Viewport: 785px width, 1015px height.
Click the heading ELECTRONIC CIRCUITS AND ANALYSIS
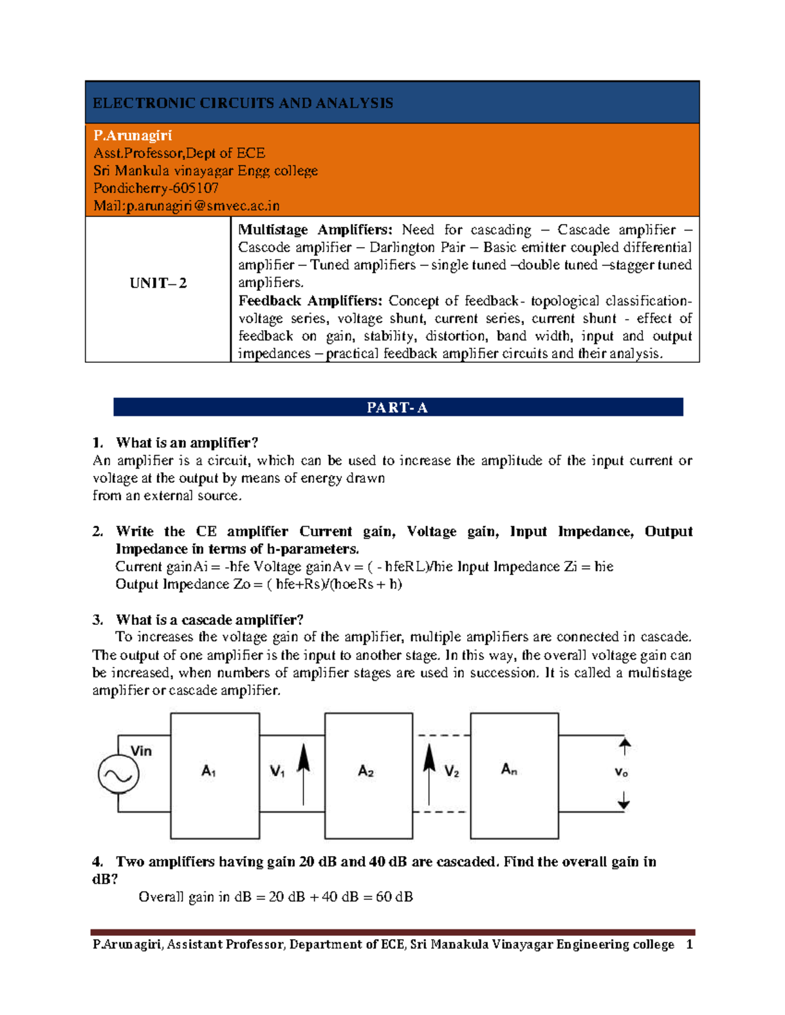243,103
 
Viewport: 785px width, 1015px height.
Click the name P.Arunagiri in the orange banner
132,135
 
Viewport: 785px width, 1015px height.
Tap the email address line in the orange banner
186,206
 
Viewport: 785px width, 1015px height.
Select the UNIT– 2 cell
158,283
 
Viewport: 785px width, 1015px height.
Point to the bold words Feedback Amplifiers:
310,301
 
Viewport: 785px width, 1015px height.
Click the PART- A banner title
397,408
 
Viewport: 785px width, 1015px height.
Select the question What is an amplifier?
187,443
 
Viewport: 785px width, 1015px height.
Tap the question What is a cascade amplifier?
209,620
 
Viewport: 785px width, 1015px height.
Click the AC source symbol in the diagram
118,774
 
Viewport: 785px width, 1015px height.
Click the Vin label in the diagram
141,751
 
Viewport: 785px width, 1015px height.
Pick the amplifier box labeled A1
215,775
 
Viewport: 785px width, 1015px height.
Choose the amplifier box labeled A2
368,775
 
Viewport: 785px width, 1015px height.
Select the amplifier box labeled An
514,775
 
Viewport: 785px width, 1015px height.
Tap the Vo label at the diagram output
621,773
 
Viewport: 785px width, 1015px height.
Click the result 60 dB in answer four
394,897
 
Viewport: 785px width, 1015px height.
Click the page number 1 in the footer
689,944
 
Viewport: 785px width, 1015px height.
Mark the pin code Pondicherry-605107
156,188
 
